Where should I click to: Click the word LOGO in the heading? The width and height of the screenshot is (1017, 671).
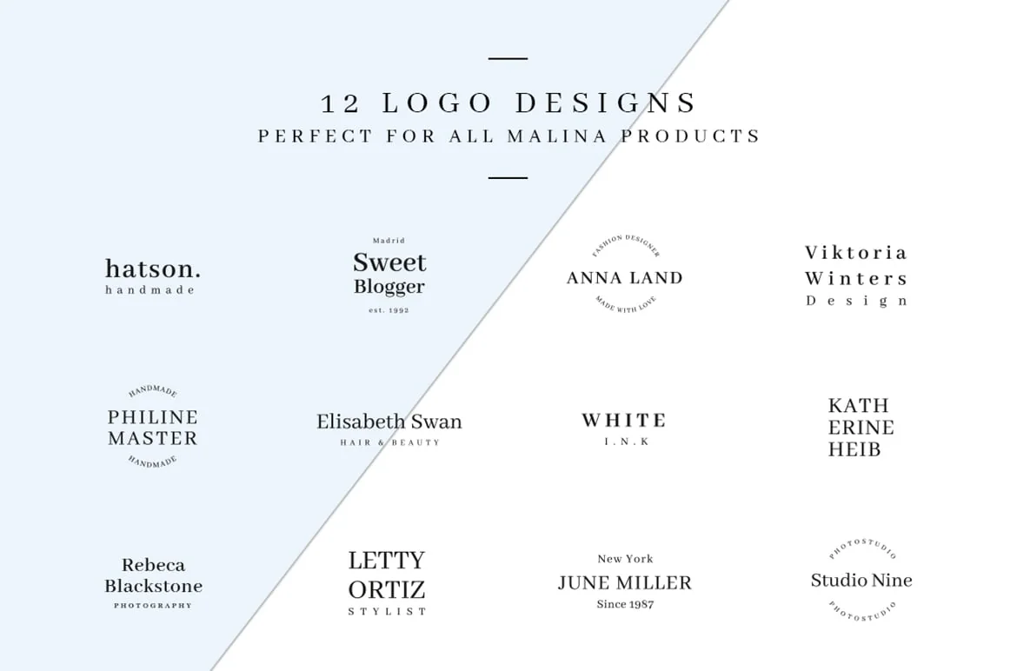[x=438, y=103]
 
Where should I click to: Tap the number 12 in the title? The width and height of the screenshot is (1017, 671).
[x=341, y=103]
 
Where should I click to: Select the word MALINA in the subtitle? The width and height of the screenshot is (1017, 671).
[x=557, y=136]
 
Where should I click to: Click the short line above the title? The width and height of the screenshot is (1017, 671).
[x=508, y=58]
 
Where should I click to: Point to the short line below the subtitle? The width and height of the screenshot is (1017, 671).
[x=508, y=177]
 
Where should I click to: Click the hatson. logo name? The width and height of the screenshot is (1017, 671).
[x=153, y=269]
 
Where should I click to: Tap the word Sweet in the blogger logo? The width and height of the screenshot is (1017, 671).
[x=389, y=262]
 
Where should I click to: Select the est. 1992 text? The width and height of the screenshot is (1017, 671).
[x=389, y=310]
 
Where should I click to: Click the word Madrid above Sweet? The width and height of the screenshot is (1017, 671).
[x=389, y=241]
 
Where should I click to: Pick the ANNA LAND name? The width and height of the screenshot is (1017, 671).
[x=625, y=278]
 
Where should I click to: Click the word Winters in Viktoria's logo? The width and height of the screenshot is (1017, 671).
[x=856, y=279]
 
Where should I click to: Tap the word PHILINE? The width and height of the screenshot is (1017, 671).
[x=153, y=417]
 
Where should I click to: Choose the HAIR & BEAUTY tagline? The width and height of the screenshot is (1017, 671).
[x=389, y=442]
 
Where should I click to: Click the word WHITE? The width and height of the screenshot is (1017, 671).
[x=624, y=421]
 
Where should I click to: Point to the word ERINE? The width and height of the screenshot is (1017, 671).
[x=861, y=428]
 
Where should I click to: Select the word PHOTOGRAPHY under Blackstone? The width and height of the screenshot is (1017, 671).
[x=153, y=606]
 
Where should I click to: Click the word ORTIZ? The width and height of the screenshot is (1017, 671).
[x=387, y=590]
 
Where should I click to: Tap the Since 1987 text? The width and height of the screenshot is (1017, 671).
[x=625, y=604]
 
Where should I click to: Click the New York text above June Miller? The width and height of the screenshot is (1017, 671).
[x=625, y=559]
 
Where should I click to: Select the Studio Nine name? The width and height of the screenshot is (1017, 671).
[x=861, y=581]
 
